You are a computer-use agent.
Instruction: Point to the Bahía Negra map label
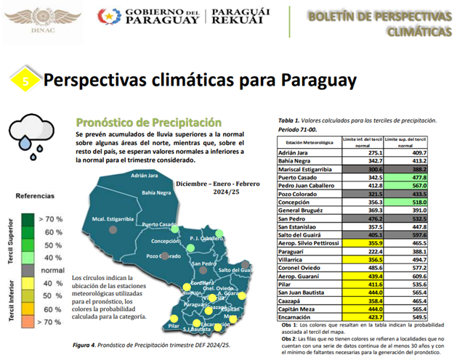[156, 193]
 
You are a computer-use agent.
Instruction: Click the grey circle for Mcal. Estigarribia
[113, 229]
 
